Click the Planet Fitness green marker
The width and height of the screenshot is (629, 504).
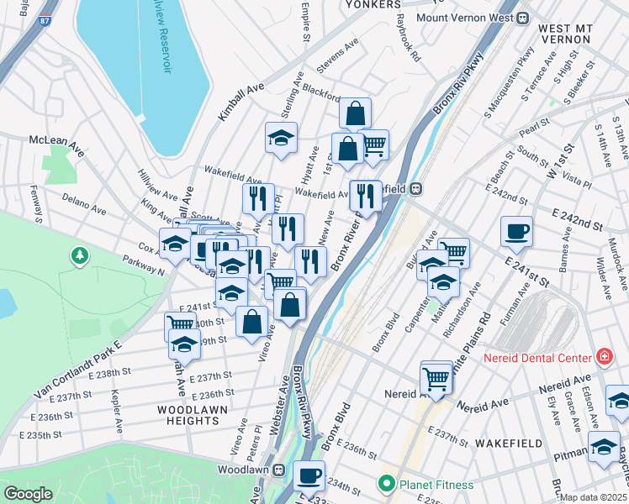386,484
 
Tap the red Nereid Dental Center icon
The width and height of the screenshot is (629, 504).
603,358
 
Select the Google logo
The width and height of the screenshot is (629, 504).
28,494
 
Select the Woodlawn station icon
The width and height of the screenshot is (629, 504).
285,470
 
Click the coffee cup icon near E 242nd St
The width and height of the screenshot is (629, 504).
515,229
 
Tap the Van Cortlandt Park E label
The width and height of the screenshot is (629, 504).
77,367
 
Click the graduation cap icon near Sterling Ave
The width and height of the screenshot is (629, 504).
282,137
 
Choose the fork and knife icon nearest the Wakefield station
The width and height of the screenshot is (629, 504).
365,195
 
